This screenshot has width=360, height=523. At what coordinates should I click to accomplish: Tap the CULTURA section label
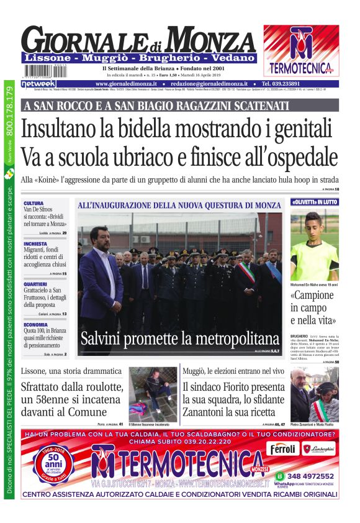(x=34, y=203)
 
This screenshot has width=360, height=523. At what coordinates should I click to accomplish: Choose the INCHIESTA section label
(x=35, y=244)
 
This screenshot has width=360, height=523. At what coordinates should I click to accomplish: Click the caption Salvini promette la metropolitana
(x=179, y=339)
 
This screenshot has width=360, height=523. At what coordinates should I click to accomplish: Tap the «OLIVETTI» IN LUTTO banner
(x=314, y=202)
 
